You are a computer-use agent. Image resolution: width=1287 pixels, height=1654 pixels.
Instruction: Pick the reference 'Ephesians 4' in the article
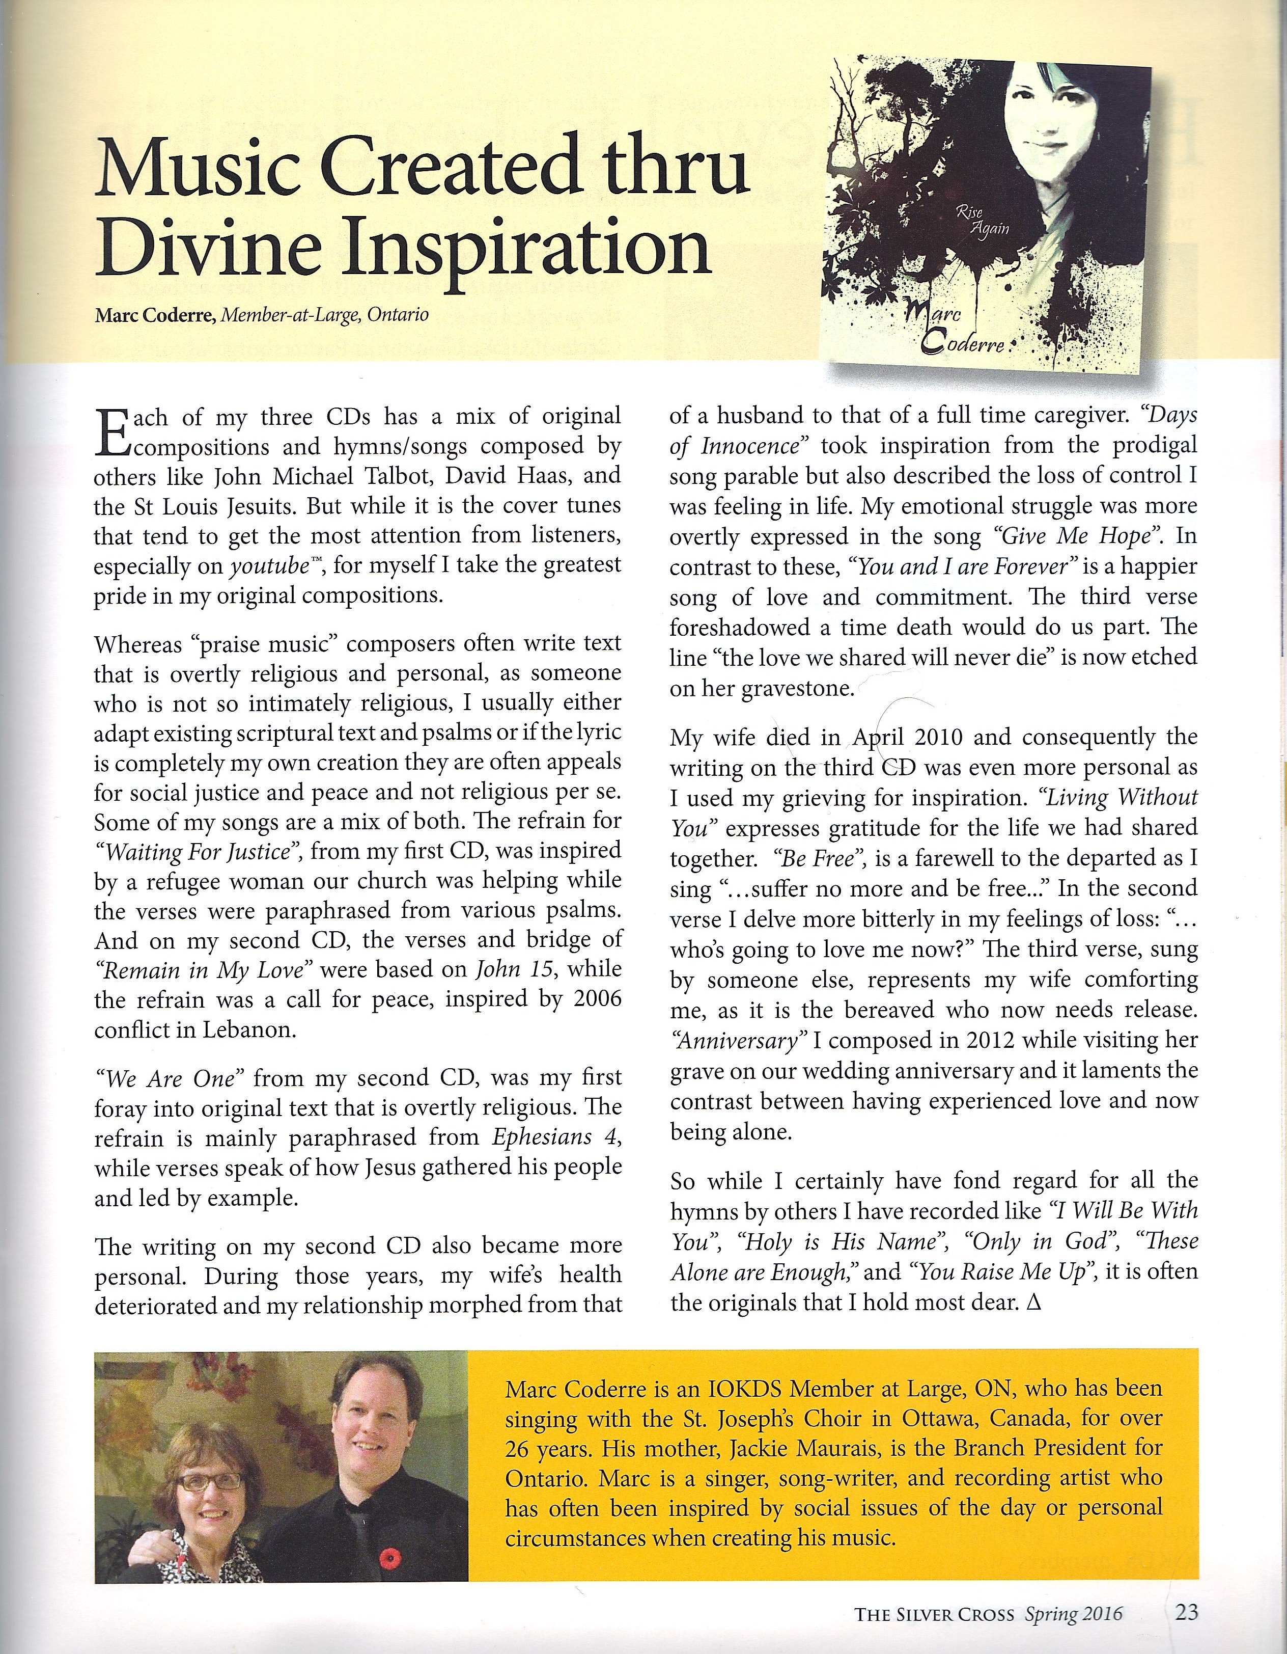click(556, 1137)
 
